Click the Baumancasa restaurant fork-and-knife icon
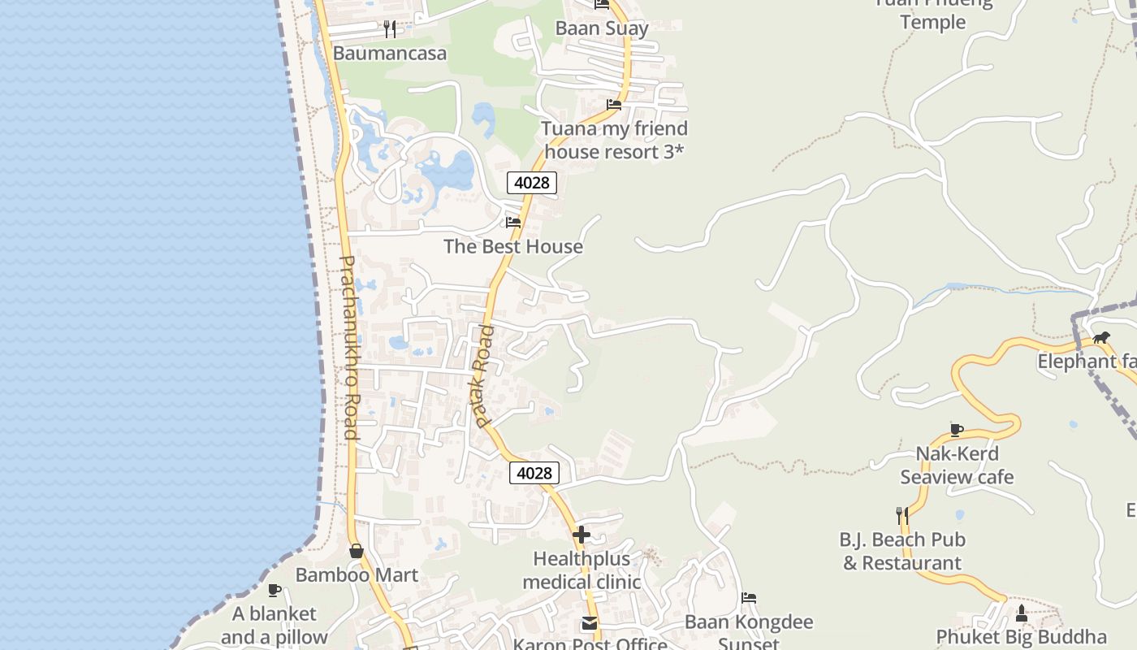390,29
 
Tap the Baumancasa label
390,54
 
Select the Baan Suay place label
602,28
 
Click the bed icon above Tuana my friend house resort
614,105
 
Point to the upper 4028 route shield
532,183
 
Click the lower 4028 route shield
534,473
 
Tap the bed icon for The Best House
513,222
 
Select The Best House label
513,246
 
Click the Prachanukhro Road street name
349,348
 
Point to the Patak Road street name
484,376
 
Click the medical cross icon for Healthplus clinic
581,535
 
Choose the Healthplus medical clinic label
581,570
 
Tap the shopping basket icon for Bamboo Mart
356,551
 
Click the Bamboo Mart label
357,575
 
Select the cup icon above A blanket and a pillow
275,590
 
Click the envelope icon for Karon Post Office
590,624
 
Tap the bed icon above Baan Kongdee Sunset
749,599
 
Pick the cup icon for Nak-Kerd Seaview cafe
957,430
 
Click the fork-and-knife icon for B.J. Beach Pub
901,515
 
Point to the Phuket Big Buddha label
1021,636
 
